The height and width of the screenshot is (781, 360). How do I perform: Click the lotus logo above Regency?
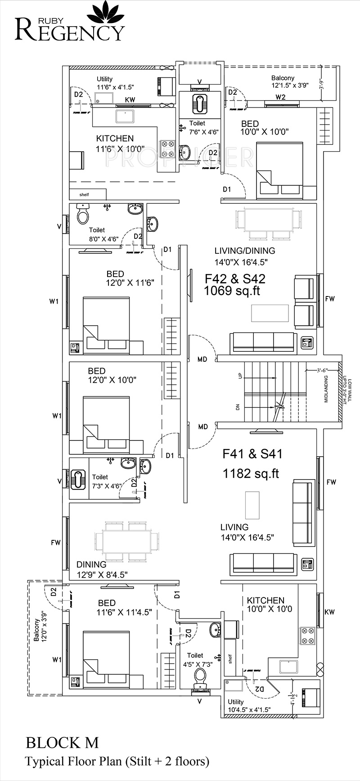(x=105, y=13)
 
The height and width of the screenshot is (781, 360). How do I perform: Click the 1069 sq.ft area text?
(x=232, y=291)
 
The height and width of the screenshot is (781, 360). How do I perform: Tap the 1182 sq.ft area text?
(x=251, y=473)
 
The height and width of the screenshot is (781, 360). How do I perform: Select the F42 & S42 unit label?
(x=235, y=278)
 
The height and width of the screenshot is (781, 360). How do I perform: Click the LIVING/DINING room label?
(x=244, y=251)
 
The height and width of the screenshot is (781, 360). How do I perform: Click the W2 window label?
(x=280, y=97)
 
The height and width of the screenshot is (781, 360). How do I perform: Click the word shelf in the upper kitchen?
(x=84, y=195)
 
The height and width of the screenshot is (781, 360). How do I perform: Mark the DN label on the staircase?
(x=240, y=406)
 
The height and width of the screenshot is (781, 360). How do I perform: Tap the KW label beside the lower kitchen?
(x=330, y=612)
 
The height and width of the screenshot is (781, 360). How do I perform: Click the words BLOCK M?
(x=62, y=742)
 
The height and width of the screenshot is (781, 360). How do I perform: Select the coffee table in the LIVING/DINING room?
(x=270, y=313)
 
